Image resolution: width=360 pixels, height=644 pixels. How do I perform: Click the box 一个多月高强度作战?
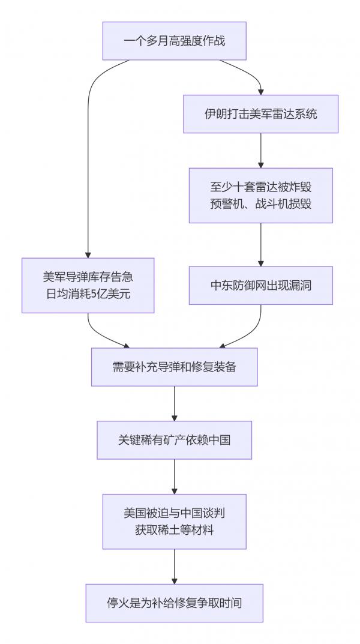(x=174, y=41)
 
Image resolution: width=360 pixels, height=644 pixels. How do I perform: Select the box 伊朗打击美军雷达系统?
(x=260, y=113)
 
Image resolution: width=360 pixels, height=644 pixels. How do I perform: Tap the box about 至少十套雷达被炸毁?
(x=260, y=196)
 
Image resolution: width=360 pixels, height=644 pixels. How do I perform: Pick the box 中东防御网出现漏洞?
(x=260, y=285)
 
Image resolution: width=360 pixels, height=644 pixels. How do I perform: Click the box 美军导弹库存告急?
(x=88, y=285)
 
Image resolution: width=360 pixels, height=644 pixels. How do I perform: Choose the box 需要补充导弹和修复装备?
(x=174, y=367)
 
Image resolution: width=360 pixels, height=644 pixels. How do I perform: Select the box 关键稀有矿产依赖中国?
(x=174, y=440)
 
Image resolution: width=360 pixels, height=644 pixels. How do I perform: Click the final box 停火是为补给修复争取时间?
(x=174, y=603)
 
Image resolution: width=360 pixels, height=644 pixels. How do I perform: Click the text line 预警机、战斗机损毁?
(x=260, y=204)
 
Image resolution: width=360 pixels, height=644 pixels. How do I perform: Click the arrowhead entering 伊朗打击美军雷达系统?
(x=260, y=91)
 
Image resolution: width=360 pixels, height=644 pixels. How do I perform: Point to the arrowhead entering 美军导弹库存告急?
(x=88, y=254)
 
